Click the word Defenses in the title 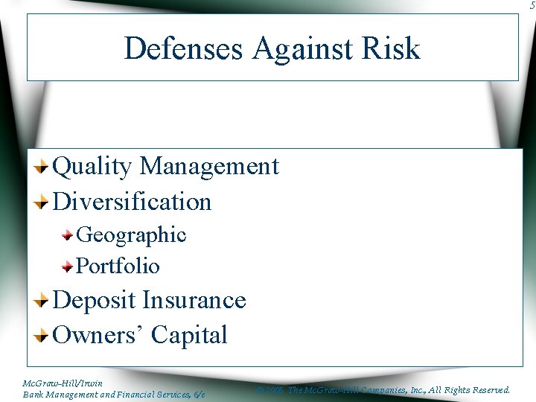(184, 48)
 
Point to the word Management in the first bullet (209, 166)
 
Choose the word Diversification (133, 202)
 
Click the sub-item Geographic (131, 235)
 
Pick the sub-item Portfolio (118, 266)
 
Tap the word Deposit (95, 301)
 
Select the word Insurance (194, 300)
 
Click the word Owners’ (99, 335)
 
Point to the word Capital (189, 336)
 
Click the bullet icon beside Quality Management (43, 167)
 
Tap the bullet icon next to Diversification (43, 202)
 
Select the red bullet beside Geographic (68, 235)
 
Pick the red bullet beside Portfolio (68, 266)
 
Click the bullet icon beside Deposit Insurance (43, 301)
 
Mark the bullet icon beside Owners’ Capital (43, 335)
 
